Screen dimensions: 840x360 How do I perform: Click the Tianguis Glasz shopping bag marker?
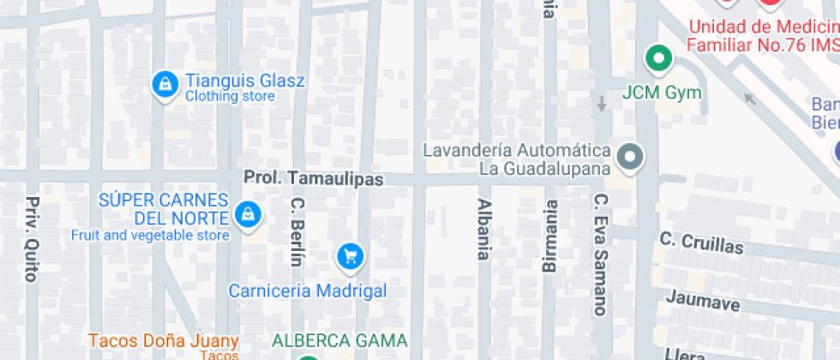[164, 84]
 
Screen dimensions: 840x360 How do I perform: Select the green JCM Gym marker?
[658, 59]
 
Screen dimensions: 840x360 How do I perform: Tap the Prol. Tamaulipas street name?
[314, 179]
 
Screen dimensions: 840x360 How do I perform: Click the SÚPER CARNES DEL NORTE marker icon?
[248, 214]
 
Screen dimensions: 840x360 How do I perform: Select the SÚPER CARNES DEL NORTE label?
[163, 208]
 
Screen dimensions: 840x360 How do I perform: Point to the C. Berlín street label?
[297, 232]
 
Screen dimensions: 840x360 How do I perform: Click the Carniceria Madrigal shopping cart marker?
[349, 255]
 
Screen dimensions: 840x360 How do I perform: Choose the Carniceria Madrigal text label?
[307, 291]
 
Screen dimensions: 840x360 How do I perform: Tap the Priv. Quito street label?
[32, 239]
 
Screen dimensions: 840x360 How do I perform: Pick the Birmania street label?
[549, 236]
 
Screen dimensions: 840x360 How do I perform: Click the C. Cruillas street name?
[701, 242]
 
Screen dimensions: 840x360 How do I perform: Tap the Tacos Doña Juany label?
[162, 340]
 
